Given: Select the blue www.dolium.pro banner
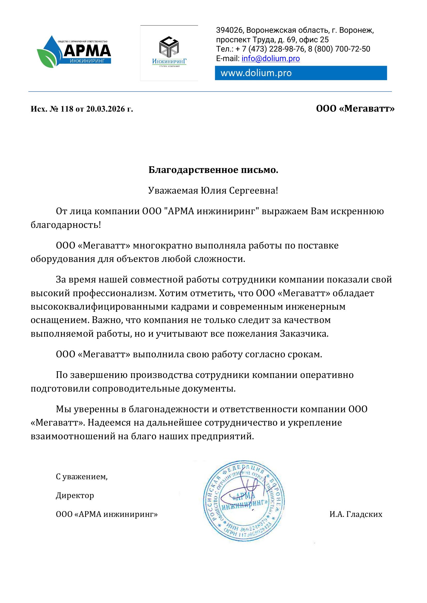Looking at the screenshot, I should (301, 73).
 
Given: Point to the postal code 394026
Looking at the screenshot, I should (229, 30).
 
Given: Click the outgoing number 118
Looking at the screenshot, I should (67, 109).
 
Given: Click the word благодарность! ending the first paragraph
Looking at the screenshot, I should (66, 225).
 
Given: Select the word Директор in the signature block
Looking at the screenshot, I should (75, 495).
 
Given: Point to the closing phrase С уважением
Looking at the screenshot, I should (82, 477).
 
